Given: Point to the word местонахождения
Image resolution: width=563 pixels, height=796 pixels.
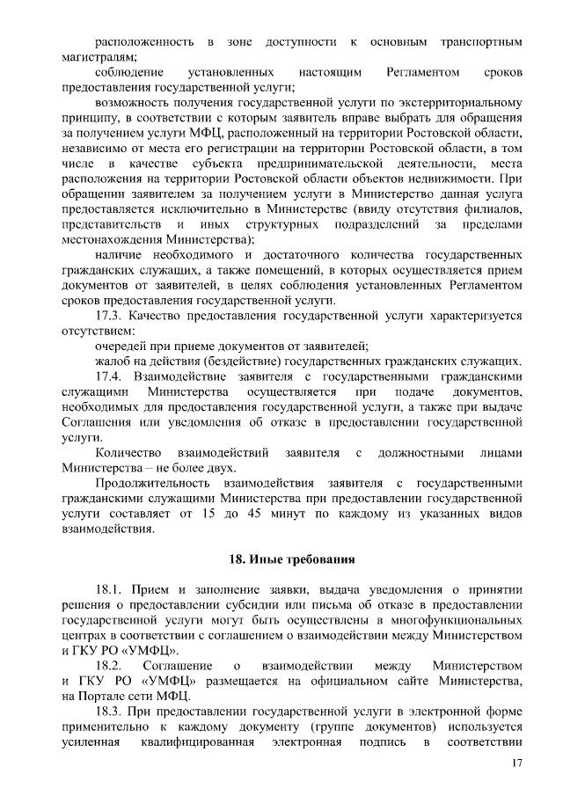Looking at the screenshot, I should [111, 238].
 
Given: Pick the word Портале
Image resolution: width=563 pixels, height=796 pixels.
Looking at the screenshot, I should [104, 696].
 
